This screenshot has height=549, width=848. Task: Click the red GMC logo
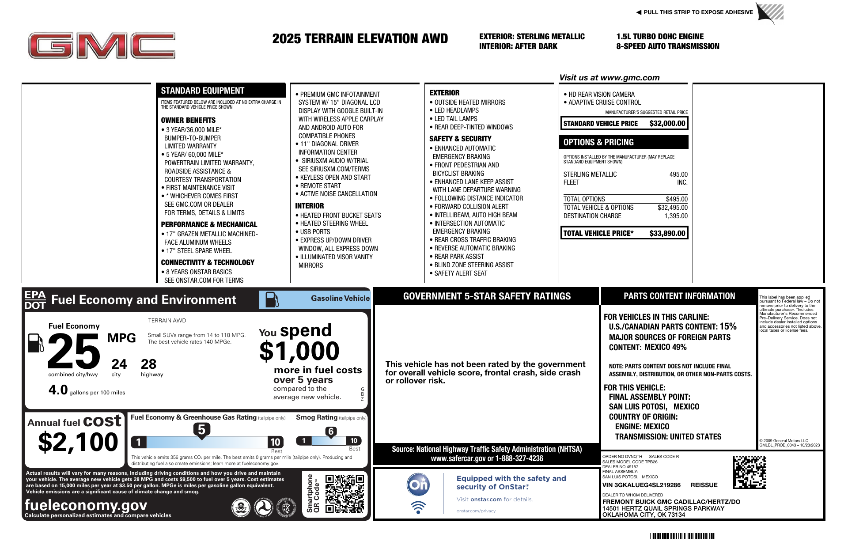[102, 45]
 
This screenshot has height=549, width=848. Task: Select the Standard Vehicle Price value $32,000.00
[667, 124]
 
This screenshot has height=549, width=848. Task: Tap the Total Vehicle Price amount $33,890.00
[667, 233]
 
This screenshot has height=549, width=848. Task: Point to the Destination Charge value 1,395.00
[676, 216]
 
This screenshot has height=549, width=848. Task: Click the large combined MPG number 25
[74, 352]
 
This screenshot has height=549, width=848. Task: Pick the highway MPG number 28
[148, 364]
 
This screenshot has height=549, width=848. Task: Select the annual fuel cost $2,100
[78, 442]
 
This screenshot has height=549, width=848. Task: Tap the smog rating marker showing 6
[331, 432]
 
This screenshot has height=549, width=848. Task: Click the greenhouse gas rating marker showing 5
[201, 430]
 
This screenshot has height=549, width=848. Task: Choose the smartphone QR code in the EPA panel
[344, 493]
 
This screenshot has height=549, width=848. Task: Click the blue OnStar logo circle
[418, 485]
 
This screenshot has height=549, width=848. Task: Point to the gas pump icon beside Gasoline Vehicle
[272, 300]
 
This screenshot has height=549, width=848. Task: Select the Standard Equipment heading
[202, 91]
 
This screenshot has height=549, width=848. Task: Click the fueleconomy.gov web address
[86, 505]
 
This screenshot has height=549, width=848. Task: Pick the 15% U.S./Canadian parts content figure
[728, 326]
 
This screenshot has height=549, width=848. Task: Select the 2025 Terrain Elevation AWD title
[360, 39]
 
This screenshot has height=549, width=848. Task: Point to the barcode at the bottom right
[682, 536]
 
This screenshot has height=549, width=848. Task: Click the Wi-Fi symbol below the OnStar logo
[418, 507]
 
